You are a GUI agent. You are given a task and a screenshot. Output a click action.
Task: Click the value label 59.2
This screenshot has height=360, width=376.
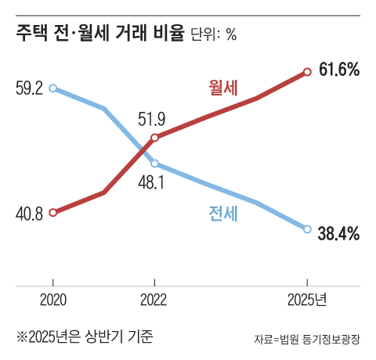point(29,88)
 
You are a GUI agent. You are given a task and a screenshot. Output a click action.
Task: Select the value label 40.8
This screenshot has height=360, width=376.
point(29,213)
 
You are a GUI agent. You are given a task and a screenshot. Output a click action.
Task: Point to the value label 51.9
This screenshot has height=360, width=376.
point(151,120)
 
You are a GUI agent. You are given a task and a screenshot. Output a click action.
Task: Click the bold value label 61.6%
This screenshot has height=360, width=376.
point(339,70)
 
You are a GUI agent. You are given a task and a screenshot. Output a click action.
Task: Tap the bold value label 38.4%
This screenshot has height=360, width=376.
point(339,232)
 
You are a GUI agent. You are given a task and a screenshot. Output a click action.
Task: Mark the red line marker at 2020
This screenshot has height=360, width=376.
point(52,212)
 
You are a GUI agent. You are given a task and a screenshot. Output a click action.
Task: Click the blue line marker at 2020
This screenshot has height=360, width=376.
point(52,88)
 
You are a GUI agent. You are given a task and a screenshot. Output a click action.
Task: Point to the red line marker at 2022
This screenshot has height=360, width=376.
point(154,138)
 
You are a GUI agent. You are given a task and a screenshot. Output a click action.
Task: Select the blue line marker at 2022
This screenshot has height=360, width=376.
point(154,164)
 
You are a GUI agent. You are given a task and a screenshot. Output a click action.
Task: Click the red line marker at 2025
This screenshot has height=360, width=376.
point(307,72)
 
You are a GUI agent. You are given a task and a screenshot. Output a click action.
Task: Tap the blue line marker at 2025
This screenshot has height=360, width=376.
point(307,229)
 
